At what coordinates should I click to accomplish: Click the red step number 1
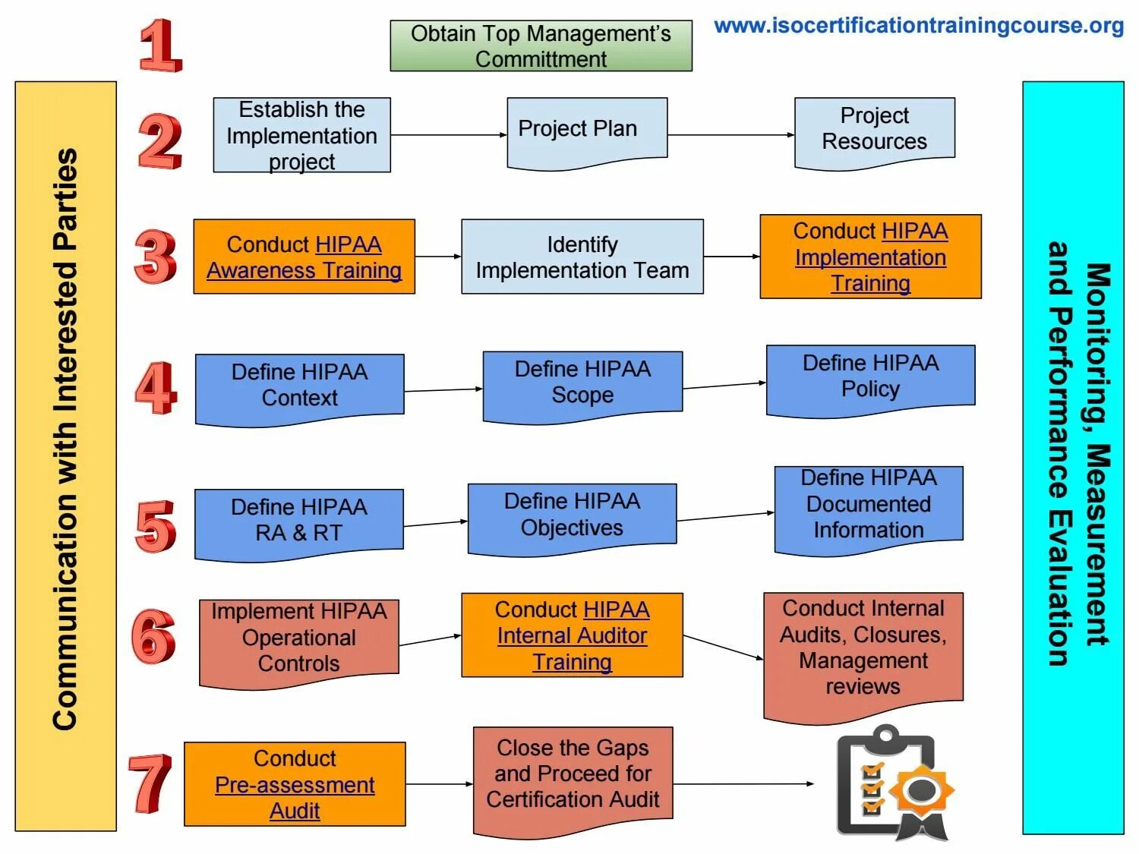(x=161, y=46)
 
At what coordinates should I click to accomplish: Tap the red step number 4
(x=156, y=388)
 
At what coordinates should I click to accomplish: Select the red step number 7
(x=150, y=783)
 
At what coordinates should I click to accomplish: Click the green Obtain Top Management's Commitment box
(x=541, y=46)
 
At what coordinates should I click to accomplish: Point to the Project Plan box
(x=587, y=130)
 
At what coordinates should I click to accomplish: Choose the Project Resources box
(x=874, y=129)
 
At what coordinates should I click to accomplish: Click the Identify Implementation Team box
(x=582, y=257)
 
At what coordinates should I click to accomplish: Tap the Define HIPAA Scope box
(x=582, y=383)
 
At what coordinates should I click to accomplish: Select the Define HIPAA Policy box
(x=870, y=377)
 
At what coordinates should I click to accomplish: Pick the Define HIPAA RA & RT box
(x=298, y=521)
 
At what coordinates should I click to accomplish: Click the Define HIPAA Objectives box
(x=572, y=515)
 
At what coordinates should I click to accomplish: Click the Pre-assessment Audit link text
(x=295, y=785)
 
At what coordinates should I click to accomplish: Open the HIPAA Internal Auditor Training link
(x=572, y=636)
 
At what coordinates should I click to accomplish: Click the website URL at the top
(x=919, y=26)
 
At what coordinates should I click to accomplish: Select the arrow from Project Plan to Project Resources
(x=730, y=135)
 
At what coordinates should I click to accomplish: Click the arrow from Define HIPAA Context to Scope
(x=443, y=390)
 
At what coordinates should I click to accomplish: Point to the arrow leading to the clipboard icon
(x=743, y=784)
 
